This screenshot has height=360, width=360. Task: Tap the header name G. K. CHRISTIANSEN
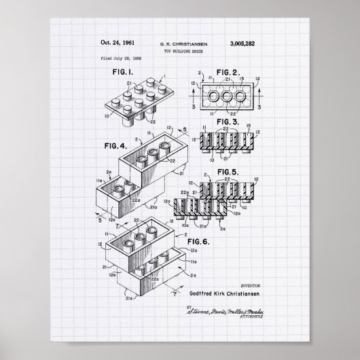(x=179, y=45)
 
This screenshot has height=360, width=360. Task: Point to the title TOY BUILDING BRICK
(x=179, y=52)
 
